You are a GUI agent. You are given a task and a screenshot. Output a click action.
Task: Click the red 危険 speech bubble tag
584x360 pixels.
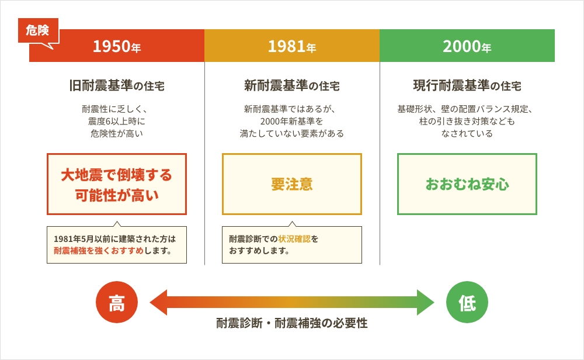click(x=38, y=30)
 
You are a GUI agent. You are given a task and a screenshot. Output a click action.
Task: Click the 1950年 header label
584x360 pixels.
click(x=117, y=47)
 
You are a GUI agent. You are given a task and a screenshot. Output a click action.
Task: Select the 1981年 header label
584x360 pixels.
click(x=292, y=47)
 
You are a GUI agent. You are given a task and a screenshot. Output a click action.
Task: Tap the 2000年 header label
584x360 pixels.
click(x=467, y=47)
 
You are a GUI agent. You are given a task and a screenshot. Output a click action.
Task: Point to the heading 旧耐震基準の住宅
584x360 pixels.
click(x=117, y=86)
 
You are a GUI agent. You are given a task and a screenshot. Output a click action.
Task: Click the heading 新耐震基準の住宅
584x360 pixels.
click(x=292, y=86)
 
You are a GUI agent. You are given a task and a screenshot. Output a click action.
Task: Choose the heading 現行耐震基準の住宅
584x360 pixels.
click(x=467, y=86)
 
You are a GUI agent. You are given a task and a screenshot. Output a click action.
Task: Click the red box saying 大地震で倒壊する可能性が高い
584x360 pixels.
click(x=117, y=184)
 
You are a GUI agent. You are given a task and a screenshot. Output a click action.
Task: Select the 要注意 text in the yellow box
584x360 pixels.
click(x=292, y=184)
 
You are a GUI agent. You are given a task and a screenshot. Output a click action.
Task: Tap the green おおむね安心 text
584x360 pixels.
click(x=467, y=184)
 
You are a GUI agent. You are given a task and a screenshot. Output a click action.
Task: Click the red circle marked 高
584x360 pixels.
click(x=117, y=302)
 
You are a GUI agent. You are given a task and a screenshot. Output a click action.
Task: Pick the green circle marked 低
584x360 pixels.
click(x=467, y=302)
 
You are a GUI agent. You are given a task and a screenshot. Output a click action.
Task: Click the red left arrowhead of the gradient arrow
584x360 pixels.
click(x=158, y=302)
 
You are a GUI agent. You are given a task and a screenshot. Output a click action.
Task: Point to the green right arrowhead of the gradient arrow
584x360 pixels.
click(x=426, y=302)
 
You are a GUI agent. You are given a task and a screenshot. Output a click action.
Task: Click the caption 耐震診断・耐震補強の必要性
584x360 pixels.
click(x=292, y=323)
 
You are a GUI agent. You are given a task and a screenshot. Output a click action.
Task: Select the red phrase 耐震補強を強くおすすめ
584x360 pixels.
click(x=99, y=251)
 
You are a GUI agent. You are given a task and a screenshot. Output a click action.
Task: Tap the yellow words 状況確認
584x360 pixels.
click(x=294, y=239)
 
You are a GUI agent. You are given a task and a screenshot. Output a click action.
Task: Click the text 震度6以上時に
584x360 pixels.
click(x=117, y=121)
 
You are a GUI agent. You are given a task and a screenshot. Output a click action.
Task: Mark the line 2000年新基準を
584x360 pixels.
click(x=291, y=121)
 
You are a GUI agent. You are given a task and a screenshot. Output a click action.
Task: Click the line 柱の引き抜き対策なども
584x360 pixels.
click(x=467, y=121)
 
